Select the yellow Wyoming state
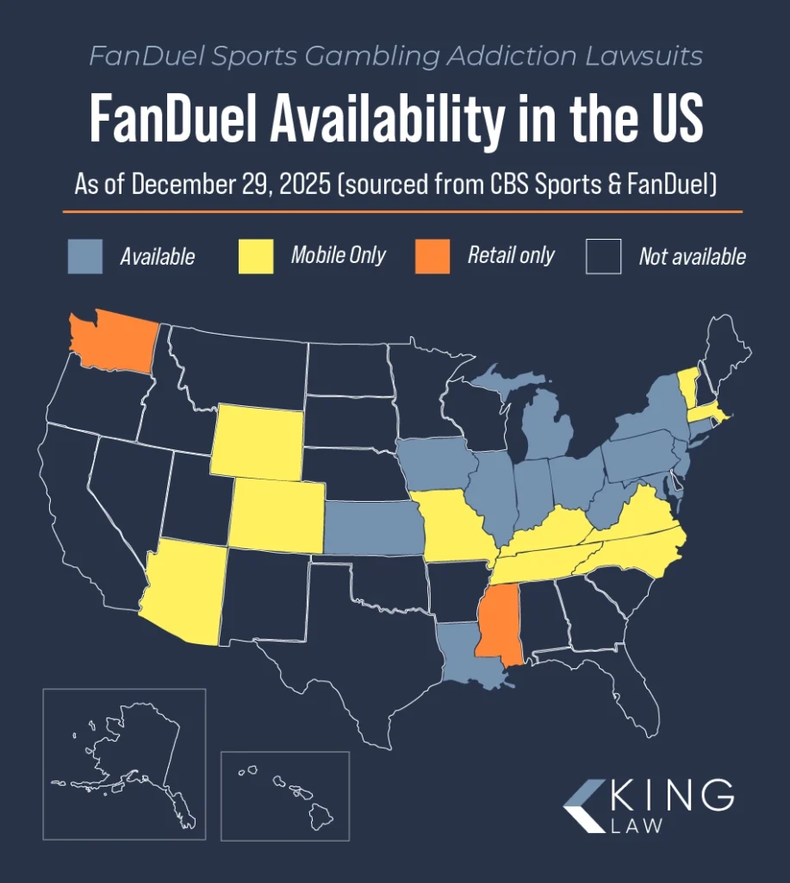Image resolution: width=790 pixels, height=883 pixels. click(256, 441)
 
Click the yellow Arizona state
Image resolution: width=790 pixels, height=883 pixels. click(185, 595)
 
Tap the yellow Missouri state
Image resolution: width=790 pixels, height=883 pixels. click(448, 527)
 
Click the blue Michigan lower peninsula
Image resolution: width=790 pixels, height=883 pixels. click(545, 427)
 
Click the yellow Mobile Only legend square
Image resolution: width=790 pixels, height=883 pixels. click(256, 256)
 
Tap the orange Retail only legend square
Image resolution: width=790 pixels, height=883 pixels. click(432, 256)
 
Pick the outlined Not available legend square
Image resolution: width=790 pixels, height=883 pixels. click(603, 256)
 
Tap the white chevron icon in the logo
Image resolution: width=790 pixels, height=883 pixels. click(585, 806)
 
